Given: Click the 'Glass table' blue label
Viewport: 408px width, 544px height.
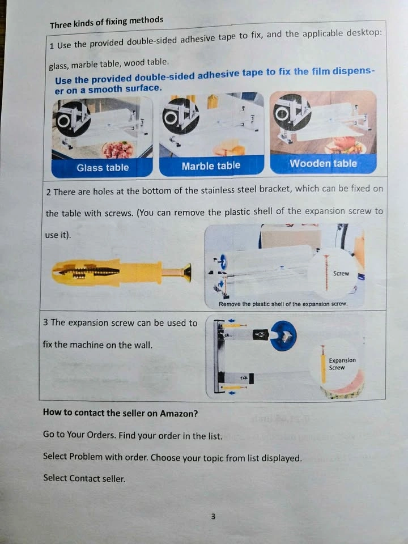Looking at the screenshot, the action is [103, 168].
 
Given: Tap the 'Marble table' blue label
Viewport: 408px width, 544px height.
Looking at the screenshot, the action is [211, 165].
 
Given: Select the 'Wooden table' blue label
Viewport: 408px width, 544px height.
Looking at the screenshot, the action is [324, 163].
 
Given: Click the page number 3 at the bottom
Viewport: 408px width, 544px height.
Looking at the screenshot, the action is [213, 516].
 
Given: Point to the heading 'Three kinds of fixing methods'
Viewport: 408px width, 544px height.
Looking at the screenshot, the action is [107, 23].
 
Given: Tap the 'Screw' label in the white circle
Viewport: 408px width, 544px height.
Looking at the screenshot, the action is [341, 273].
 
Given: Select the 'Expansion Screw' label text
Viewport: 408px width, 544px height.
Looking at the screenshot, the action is [342, 364].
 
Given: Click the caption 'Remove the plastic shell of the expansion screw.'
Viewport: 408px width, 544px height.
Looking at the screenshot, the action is [283, 304].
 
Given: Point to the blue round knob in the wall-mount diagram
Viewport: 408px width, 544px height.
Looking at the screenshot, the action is [284, 335].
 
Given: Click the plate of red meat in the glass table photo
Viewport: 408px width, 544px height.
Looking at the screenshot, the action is [118, 150].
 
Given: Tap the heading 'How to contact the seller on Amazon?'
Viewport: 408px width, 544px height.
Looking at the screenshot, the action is [120, 413].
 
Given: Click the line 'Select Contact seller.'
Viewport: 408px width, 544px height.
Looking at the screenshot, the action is [84, 478].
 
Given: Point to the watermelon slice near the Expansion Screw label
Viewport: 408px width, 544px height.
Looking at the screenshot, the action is [343, 386].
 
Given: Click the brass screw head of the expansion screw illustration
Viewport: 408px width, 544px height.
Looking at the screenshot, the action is [187, 272].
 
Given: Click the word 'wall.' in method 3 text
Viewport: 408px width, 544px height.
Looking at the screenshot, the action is [143, 345].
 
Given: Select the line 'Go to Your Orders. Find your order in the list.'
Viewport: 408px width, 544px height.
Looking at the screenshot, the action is [133, 435].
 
